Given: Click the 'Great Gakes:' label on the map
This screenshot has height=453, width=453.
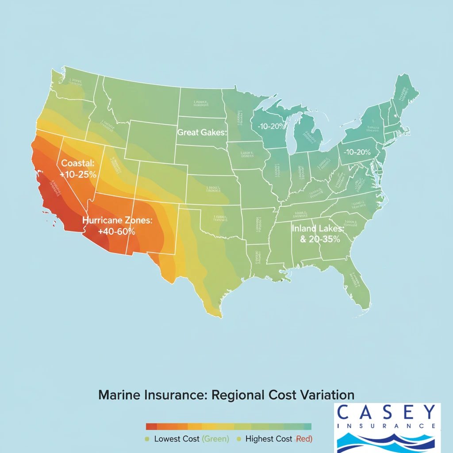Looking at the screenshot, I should pos(201,132).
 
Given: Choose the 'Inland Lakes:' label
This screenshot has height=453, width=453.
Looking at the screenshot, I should pos(317,229).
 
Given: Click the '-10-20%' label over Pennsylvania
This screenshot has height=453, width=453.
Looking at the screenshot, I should pos(357,152).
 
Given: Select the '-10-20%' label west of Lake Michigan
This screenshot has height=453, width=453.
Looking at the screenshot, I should pos(270,126).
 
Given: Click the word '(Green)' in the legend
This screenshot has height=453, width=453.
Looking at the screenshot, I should pos(215,439).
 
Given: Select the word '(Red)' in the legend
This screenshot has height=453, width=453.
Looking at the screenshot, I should pos(303,439).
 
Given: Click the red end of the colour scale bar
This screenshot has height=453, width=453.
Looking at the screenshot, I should pos(151,426).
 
